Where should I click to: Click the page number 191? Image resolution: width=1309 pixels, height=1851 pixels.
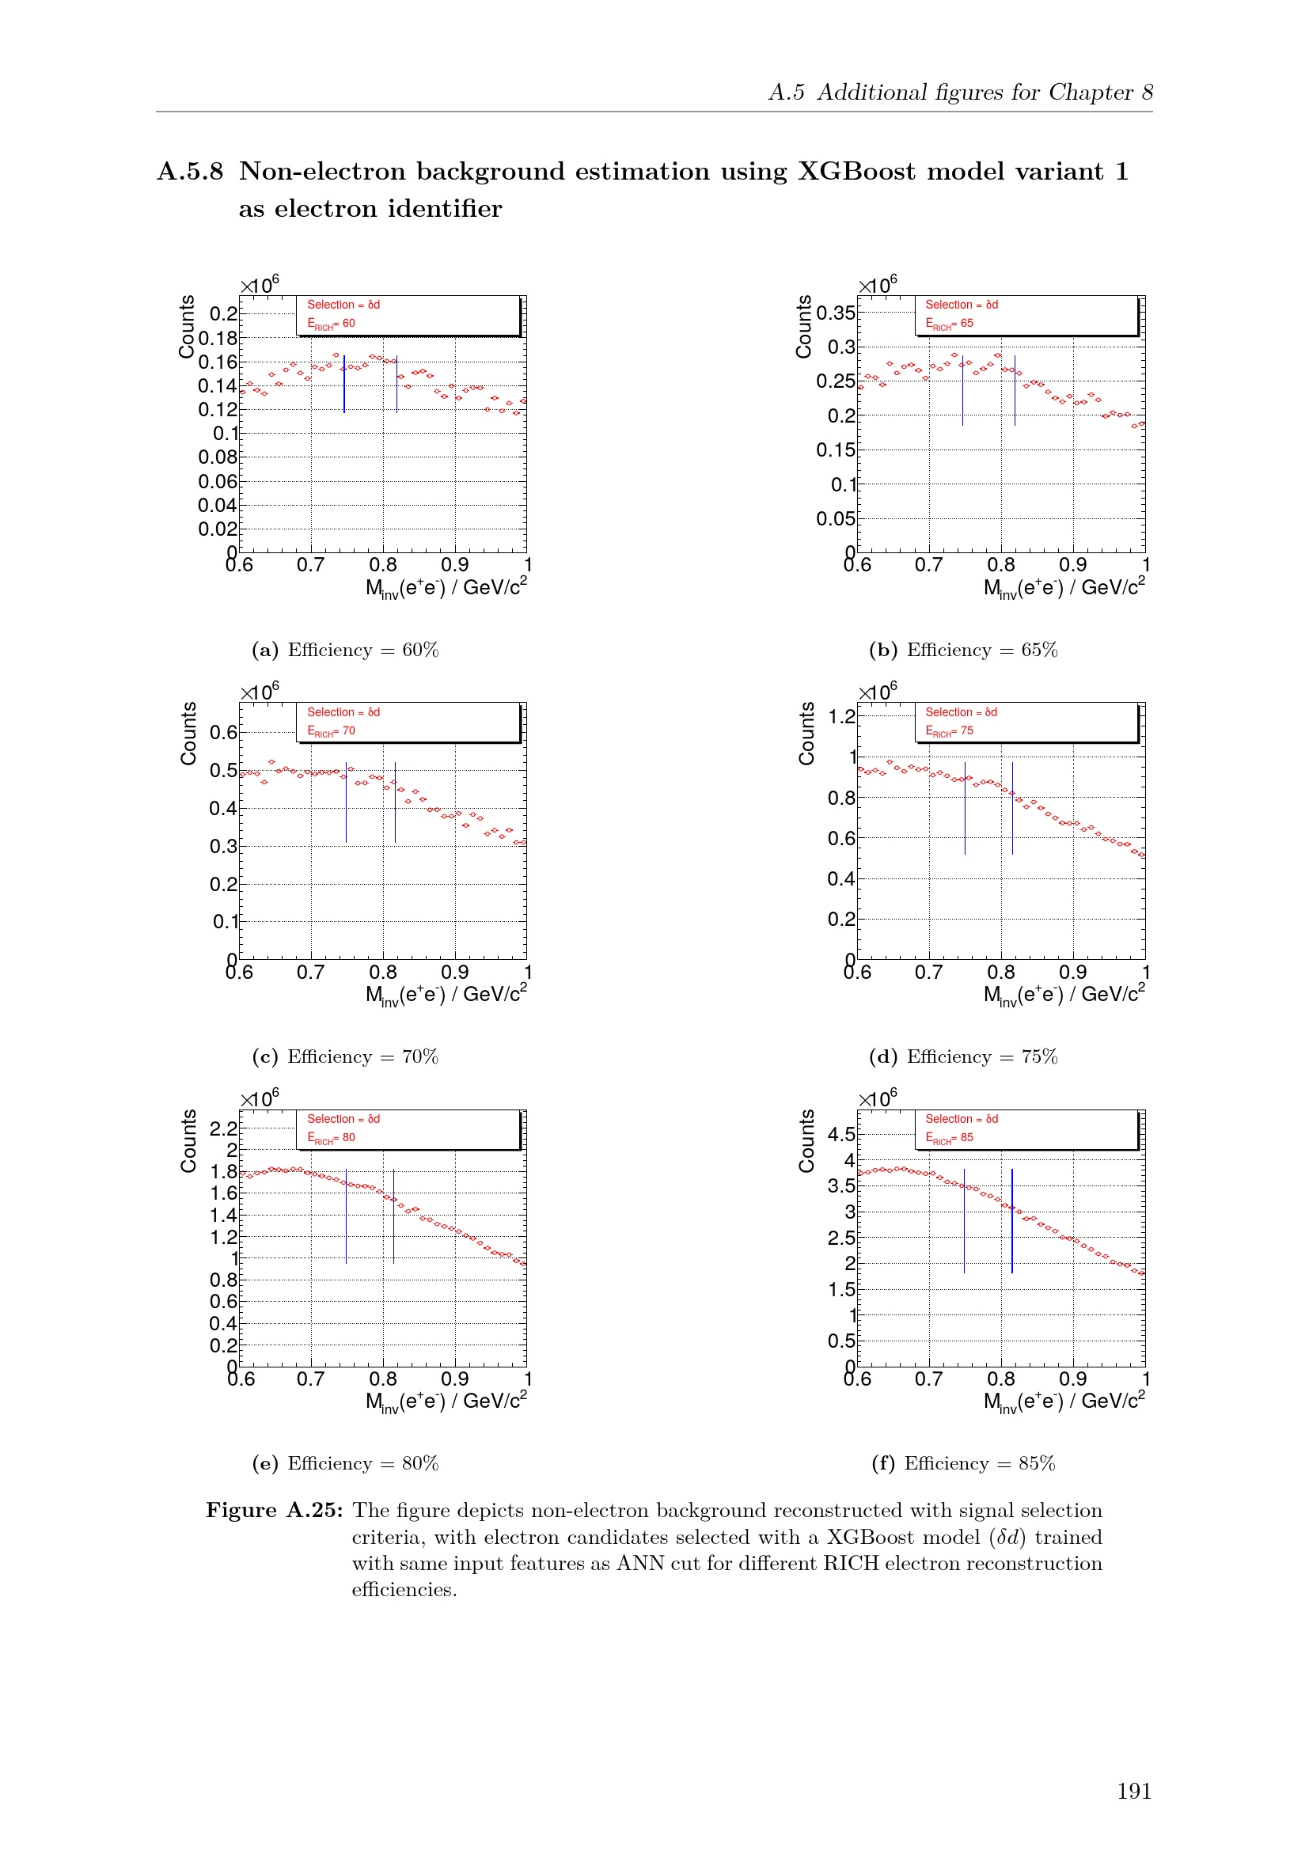[x=1133, y=1791]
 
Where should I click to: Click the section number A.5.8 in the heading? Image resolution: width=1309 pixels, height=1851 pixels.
[x=190, y=172]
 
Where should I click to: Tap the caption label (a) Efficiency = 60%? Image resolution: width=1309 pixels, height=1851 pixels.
[x=345, y=650]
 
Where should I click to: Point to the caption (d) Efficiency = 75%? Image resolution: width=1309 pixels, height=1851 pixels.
[x=962, y=1056]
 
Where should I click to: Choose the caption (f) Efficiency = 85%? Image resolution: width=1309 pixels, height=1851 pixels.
[x=962, y=1463]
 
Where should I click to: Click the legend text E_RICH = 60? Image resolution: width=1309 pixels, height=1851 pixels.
[x=331, y=324]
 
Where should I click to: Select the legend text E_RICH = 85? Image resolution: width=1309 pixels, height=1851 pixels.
[x=949, y=1138]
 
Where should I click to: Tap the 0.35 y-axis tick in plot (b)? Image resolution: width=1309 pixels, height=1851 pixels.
[x=836, y=313]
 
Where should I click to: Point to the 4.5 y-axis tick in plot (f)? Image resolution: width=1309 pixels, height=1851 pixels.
[x=841, y=1134]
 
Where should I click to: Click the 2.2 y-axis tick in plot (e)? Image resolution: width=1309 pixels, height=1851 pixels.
[x=223, y=1128]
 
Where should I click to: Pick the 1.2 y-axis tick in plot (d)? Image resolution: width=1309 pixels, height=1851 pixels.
[x=841, y=717]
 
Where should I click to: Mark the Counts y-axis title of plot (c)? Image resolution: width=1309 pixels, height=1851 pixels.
[x=188, y=733]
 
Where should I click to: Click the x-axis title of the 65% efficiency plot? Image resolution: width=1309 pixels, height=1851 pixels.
[x=1063, y=588]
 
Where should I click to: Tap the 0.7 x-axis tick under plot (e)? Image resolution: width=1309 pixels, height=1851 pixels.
[x=310, y=1379]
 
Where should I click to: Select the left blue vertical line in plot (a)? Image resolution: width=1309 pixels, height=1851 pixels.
[x=344, y=384]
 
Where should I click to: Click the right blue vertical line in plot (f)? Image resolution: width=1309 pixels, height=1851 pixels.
[x=1011, y=1220]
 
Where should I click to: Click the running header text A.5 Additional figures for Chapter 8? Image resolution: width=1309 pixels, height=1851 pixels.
[x=960, y=93]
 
